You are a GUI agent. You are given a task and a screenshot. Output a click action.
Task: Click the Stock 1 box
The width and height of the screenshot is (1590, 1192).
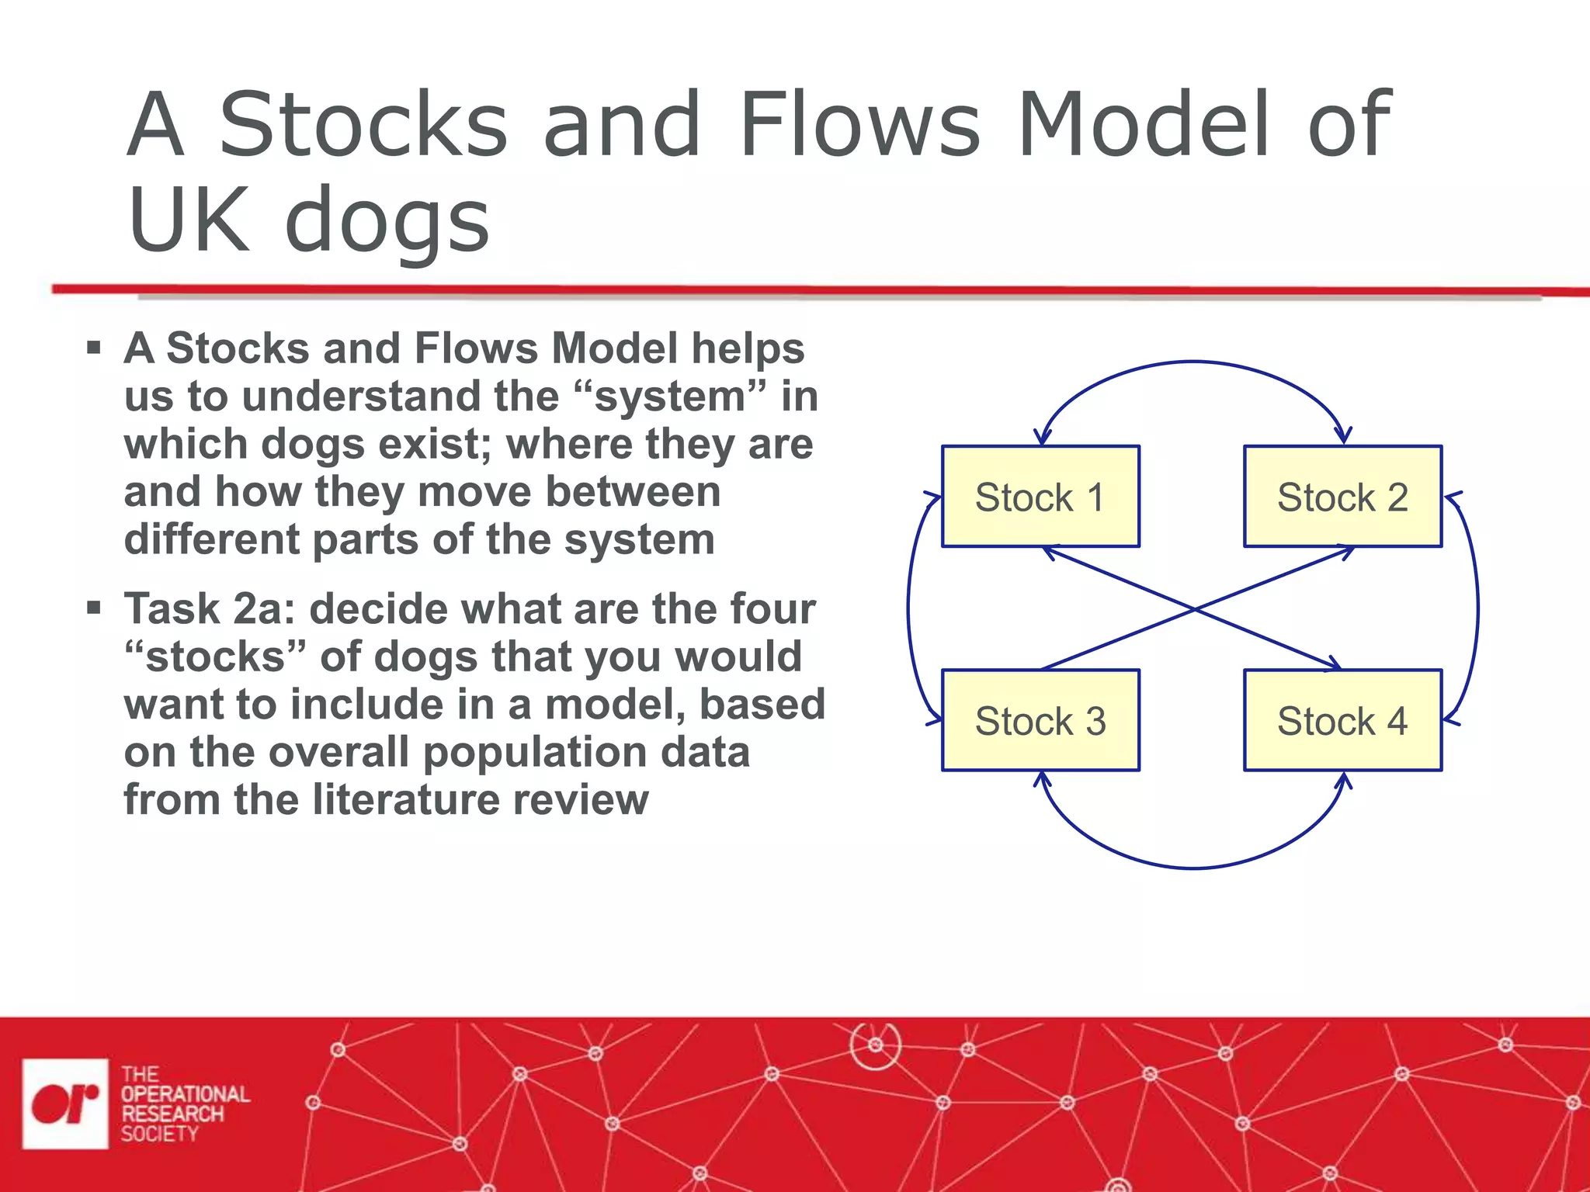(x=1040, y=497)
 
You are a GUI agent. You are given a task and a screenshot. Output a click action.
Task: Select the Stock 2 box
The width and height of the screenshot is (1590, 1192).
(x=1342, y=497)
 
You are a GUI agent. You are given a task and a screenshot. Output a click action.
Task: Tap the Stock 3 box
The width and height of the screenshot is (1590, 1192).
(x=1040, y=720)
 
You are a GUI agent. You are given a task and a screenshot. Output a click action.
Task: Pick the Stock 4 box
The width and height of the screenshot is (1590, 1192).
(x=1342, y=720)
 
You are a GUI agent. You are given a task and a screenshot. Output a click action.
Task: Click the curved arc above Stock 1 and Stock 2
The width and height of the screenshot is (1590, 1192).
(x=1193, y=362)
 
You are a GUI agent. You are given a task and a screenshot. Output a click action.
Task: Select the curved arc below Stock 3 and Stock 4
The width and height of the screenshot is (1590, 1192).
(x=1193, y=867)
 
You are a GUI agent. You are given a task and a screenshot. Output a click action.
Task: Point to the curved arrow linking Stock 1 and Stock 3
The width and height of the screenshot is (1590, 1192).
(x=909, y=609)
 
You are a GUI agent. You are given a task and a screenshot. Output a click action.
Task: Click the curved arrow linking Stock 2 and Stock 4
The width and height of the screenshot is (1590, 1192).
(x=1477, y=609)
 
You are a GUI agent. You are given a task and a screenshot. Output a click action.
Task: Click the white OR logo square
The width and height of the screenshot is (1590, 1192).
(x=65, y=1103)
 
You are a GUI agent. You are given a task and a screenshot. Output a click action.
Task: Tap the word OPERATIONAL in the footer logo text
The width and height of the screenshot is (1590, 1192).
(x=185, y=1093)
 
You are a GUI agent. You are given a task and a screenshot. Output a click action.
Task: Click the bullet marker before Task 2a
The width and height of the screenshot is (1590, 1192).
(x=94, y=608)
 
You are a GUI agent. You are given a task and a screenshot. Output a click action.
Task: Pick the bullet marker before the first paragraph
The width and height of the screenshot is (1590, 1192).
(x=94, y=347)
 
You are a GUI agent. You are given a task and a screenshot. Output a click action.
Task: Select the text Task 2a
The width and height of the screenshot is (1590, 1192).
(x=210, y=608)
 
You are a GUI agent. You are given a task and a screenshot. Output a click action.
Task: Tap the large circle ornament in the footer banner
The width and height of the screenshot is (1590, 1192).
(x=876, y=1045)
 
